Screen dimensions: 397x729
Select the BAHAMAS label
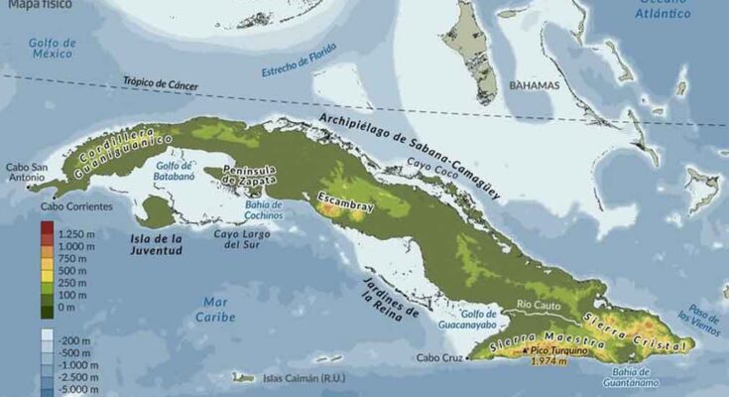coord(534,86)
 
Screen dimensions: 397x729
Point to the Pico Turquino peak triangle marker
coord(523,350)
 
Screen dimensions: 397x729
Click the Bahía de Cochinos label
coord(263,208)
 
